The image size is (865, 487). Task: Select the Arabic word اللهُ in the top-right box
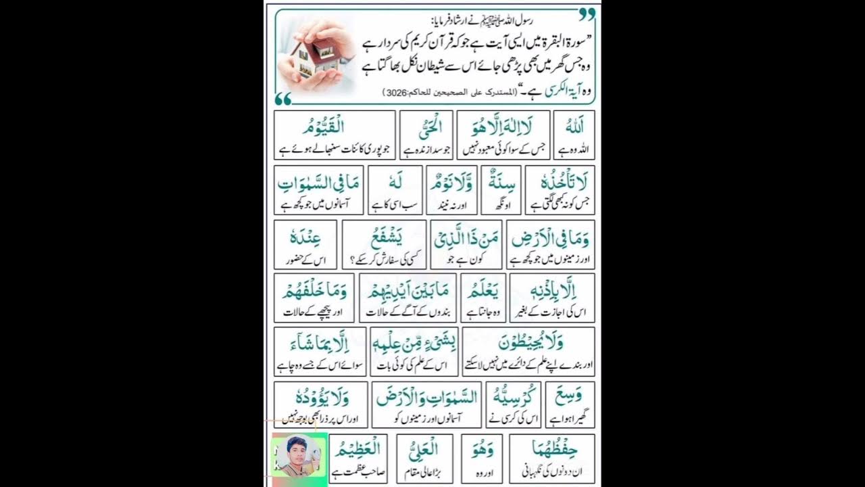tap(574, 126)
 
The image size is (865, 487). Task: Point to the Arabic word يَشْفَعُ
tap(384, 236)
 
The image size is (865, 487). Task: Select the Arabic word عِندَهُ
tap(295, 236)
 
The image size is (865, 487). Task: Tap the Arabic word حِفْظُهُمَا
tap(551, 448)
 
